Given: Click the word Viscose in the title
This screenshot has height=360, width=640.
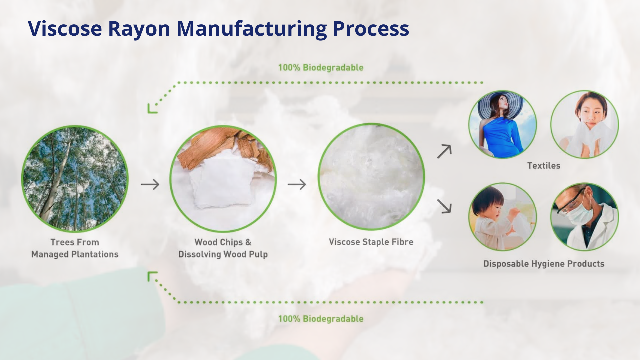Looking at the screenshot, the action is point(65,28).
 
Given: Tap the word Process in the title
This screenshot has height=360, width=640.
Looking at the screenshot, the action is point(371,28).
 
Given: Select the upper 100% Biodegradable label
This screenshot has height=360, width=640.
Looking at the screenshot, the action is point(321,68).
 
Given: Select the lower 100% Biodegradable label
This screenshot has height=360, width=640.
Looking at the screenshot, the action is point(321,319).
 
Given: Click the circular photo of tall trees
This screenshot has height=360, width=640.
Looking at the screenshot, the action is point(75,179).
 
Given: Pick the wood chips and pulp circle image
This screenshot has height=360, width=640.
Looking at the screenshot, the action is point(223,179).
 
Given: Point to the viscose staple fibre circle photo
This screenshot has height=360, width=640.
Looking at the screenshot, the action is point(371,177).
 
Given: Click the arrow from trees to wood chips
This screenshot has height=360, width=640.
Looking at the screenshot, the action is point(150,184).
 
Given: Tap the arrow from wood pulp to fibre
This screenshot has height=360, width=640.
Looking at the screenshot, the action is point(297,184).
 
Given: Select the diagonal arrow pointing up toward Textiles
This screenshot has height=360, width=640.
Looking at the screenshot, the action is point(444,151).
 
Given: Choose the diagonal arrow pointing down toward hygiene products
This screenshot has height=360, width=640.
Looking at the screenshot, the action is point(444,206).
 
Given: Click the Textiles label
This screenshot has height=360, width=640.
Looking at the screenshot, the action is point(544,166).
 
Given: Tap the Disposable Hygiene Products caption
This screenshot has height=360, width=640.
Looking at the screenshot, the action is point(544,264).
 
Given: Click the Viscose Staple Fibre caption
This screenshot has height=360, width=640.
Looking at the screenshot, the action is point(371,242).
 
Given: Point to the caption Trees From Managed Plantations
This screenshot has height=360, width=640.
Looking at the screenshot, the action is point(75,248).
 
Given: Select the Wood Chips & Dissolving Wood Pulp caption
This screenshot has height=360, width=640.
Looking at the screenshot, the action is point(223,248).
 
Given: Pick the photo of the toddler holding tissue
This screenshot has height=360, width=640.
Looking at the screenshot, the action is point(503,217).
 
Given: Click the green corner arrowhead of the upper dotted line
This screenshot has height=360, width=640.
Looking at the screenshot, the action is point(152,109).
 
